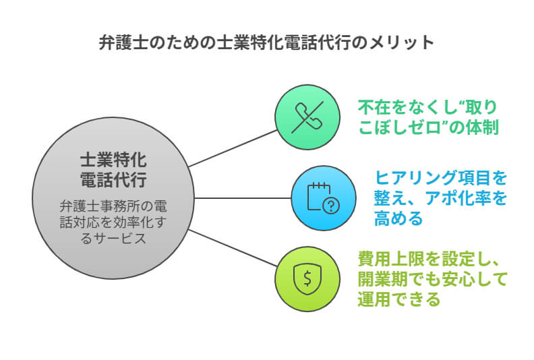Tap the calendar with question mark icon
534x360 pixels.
(x=322, y=198)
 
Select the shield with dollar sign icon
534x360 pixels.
(x=307, y=278)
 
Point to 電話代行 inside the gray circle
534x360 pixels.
(x=113, y=180)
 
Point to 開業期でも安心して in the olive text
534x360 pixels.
(x=432, y=278)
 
